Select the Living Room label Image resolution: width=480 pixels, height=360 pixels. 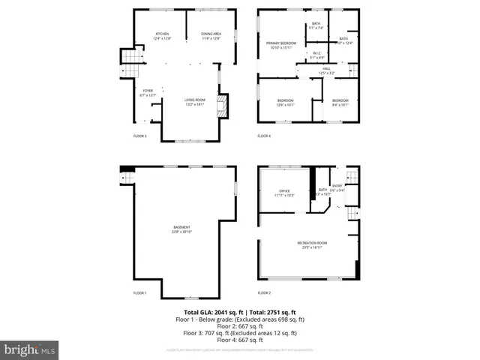tap(195, 102)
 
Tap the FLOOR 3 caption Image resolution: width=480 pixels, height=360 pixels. tap(139, 136)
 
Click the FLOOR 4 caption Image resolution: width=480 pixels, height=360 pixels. tap(264, 136)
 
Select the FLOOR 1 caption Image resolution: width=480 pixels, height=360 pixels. tap(139, 292)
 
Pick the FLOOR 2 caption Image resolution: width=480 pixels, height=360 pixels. tap(264, 292)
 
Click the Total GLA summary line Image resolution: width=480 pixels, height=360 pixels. tap(240, 311)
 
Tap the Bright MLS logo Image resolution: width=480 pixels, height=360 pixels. tap(30, 349)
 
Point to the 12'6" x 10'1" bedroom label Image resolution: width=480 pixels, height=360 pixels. tap(285, 102)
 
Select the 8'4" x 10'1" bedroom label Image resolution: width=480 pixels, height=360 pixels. tap(340, 102)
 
